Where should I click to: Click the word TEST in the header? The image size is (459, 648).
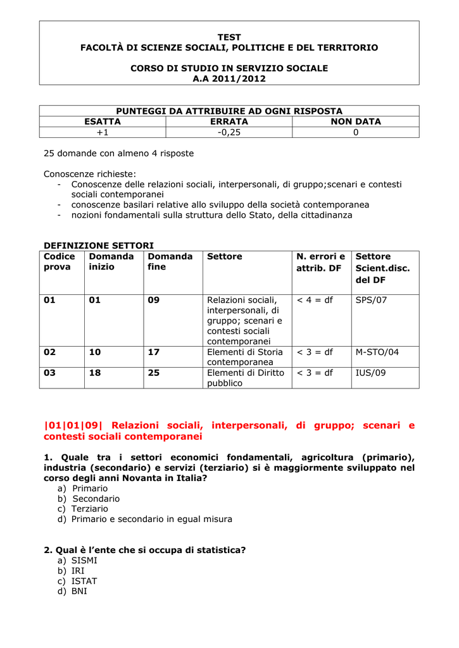[x=229, y=37]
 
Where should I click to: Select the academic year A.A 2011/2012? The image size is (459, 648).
[x=229, y=78]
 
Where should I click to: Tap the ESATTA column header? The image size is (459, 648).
[x=103, y=121]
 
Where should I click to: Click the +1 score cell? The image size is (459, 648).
[x=103, y=132]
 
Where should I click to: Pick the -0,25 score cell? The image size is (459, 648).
[x=229, y=132]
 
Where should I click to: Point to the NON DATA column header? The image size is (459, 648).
[x=356, y=121]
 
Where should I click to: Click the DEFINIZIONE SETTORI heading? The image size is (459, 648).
[x=98, y=246]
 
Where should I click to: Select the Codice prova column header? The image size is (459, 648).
[x=60, y=262]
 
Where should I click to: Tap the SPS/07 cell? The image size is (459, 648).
[x=371, y=300]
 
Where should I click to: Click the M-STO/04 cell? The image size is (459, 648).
[x=377, y=352]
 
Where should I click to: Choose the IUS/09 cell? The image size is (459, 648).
[x=371, y=373]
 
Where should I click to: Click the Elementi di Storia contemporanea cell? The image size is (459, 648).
[x=245, y=357]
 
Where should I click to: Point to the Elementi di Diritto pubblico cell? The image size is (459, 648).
[x=246, y=378]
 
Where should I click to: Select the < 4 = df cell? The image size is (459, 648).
[x=315, y=300]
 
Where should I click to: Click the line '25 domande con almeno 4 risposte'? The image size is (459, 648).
[x=118, y=153]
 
